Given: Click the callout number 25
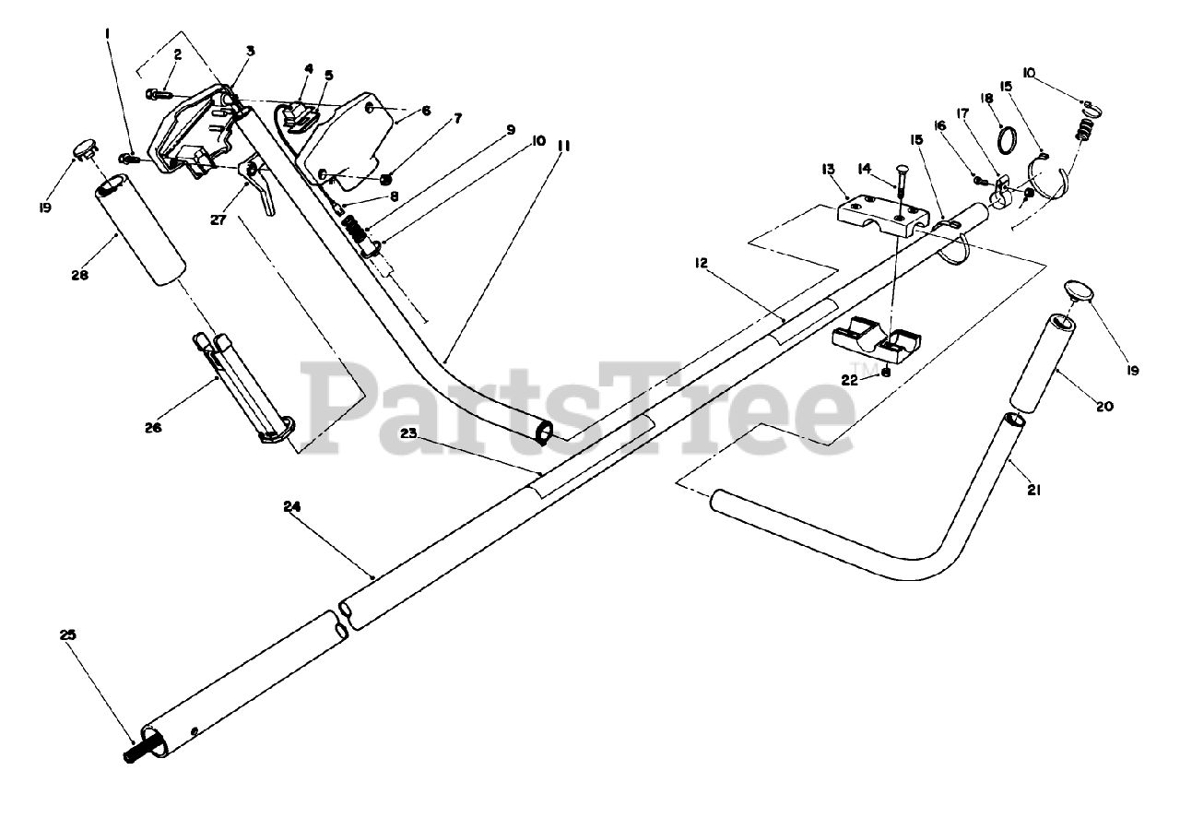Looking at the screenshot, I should pyautogui.click(x=69, y=635).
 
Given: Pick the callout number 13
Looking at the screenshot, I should pyautogui.click(x=828, y=169).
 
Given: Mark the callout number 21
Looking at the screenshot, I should pyautogui.click(x=1033, y=491).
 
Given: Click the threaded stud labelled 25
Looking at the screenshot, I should pyautogui.click(x=135, y=750).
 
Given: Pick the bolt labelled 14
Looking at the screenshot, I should pyautogui.click(x=899, y=197).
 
